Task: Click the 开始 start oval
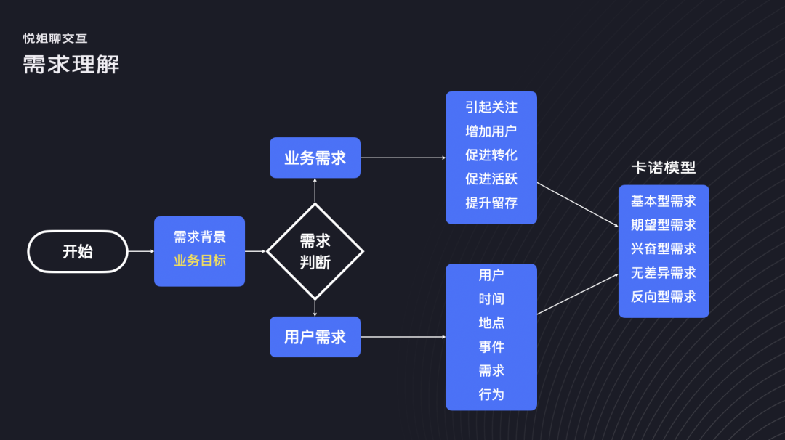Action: coord(78,251)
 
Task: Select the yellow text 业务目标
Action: coord(200,261)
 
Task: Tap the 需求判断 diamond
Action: coord(315,251)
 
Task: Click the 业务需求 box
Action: coord(315,158)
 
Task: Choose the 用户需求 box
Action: coord(315,337)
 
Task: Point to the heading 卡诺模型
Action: coord(664,168)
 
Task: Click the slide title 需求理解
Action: coord(71,65)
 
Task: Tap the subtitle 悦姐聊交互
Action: coord(55,38)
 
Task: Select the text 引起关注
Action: coord(491,107)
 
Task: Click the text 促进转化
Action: coord(491,155)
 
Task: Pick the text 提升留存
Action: coord(491,203)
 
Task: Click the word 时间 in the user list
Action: coord(491,299)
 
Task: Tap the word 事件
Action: coord(491,347)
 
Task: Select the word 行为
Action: coord(491,394)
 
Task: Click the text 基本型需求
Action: coord(664,201)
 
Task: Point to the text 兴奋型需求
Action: coord(664,249)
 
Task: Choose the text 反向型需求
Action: coord(664,297)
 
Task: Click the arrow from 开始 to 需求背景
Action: coord(141,251)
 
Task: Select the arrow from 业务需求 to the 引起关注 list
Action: coord(403,158)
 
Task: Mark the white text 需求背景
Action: coord(200,237)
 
